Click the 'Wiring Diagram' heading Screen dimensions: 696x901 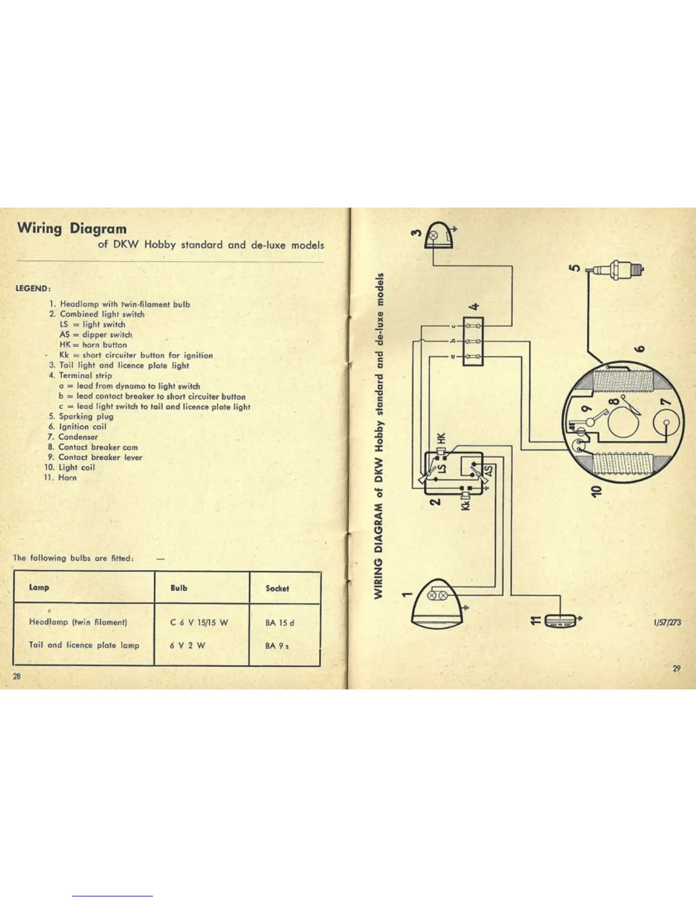click(x=72, y=229)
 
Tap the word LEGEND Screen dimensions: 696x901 click(x=34, y=288)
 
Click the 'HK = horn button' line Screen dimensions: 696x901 click(x=93, y=345)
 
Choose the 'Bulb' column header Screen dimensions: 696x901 click(x=179, y=588)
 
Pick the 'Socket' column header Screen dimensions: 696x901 click(x=277, y=588)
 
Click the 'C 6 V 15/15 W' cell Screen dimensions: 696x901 click(x=199, y=622)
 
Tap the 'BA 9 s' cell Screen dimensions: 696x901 click(x=277, y=646)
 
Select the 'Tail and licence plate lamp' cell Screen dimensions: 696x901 click(x=84, y=645)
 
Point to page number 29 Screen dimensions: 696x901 click(x=676, y=669)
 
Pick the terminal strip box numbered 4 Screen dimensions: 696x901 click(x=473, y=341)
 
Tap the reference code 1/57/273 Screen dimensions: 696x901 click(x=667, y=622)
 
